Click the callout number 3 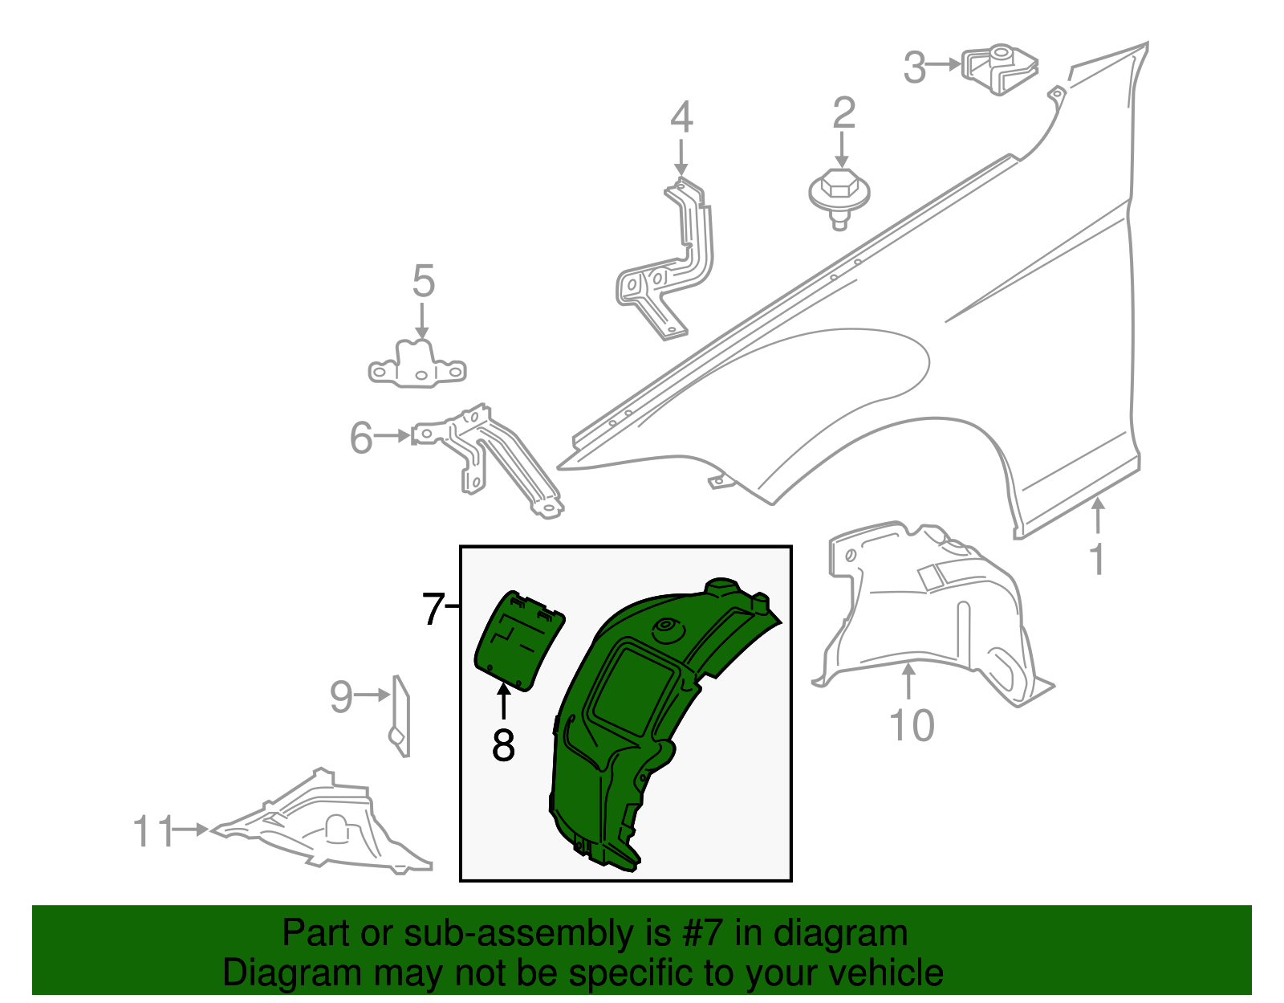(915, 67)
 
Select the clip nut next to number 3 (999, 70)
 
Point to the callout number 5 (423, 283)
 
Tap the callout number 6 (361, 438)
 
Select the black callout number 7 (433, 610)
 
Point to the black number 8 (503, 746)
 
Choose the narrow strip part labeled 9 (400, 715)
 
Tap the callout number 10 (912, 726)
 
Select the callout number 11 (152, 832)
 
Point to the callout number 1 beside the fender (1097, 560)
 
